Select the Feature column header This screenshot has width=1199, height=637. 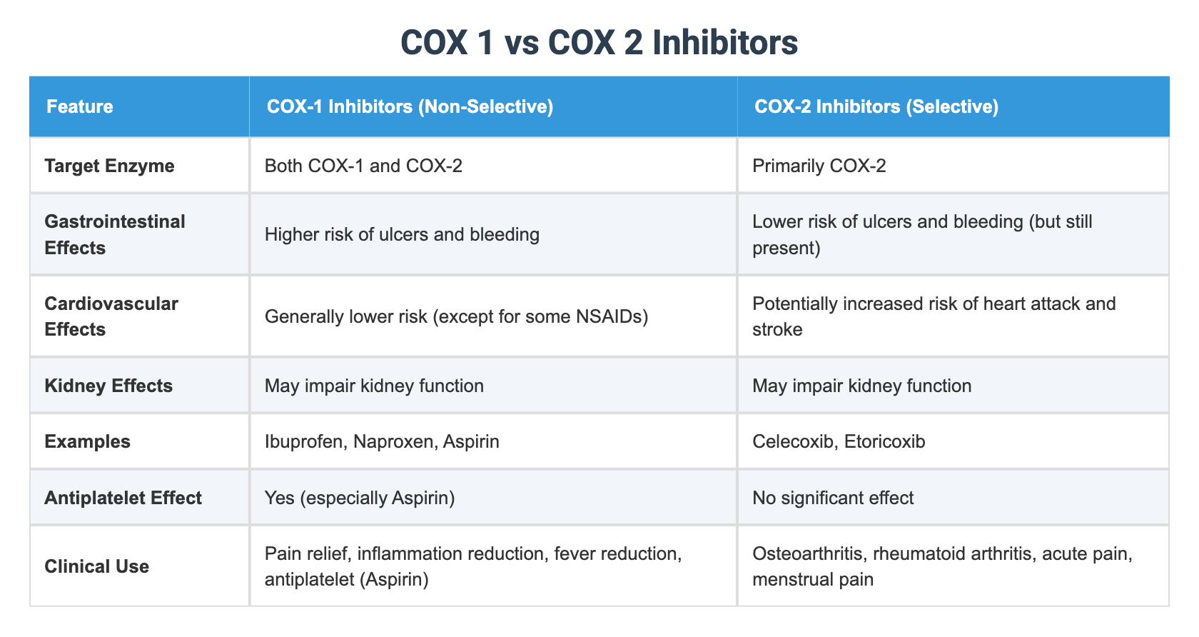click(x=79, y=107)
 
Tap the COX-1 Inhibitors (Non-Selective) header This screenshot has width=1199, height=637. click(x=410, y=107)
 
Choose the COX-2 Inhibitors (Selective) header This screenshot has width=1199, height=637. click(x=876, y=107)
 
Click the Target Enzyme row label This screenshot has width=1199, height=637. click(x=109, y=166)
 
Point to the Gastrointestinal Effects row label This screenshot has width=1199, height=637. click(x=114, y=234)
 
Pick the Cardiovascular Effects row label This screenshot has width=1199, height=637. click(x=111, y=316)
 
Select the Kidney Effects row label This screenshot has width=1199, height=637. click(x=108, y=386)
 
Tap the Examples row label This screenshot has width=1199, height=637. click(x=87, y=441)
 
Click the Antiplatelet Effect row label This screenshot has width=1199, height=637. click(x=123, y=497)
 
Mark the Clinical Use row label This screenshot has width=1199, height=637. click(x=96, y=566)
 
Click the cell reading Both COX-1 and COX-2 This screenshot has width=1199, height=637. click(x=363, y=166)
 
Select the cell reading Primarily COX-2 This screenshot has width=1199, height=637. click(x=819, y=166)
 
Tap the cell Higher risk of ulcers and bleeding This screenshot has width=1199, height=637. click(x=402, y=234)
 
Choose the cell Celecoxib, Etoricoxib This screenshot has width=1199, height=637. click(x=839, y=441)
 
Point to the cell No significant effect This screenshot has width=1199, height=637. click(x=832, y=497)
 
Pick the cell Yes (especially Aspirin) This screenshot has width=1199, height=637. click(x=360, y=497)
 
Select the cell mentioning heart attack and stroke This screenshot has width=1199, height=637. click(x=934, y=316)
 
